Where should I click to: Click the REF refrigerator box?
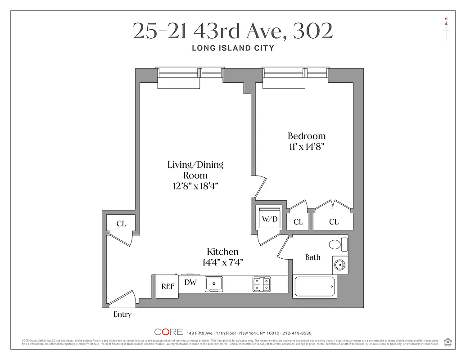click(167, 287)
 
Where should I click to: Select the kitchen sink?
click(215, 283)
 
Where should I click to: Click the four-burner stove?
click(261, 283)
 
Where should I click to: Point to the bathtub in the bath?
click(314, 286)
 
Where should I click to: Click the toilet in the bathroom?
click(337, 244)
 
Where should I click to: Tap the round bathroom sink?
click(339, 265)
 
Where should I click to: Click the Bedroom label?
click(307, 136)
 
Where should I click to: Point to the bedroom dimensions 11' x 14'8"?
click(307, 146)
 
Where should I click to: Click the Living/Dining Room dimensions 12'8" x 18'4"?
click(195, 185)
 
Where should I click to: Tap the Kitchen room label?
click(222, 252)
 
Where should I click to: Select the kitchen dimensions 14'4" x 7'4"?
click(222, 262)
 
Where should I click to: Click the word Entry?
click(122, 315)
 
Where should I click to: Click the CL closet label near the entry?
click(121, 224)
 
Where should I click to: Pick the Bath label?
click(313, 257)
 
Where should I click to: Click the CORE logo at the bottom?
click(168, 332)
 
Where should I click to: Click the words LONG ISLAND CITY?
click(233, 48)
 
